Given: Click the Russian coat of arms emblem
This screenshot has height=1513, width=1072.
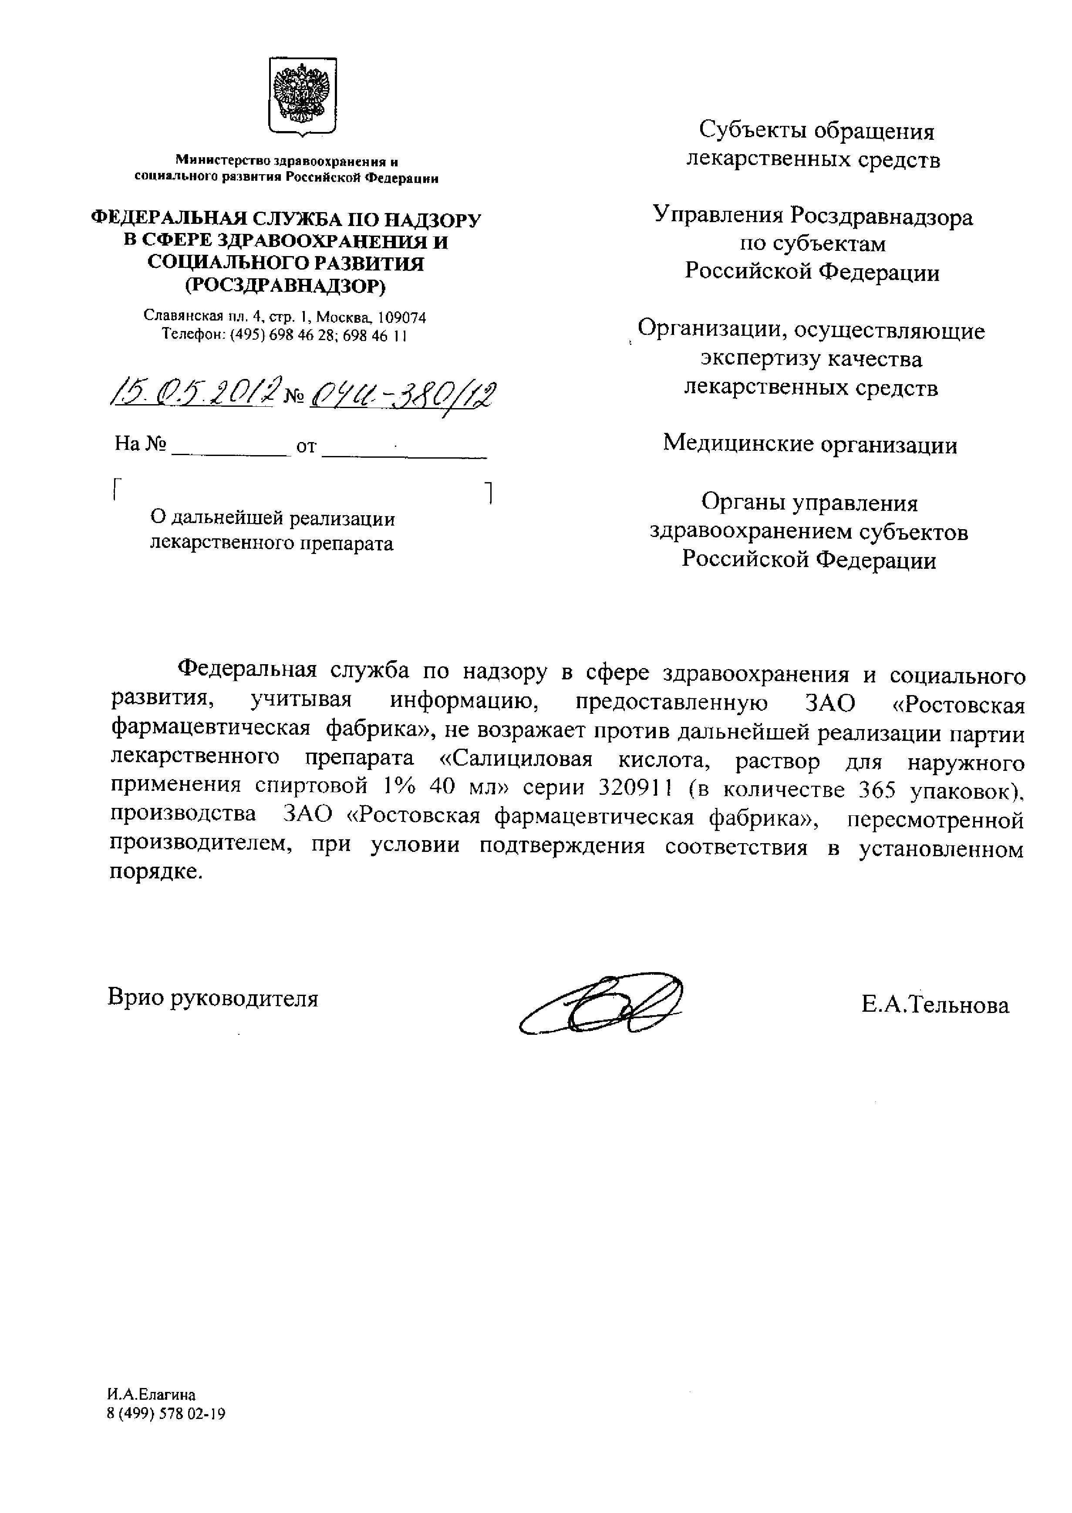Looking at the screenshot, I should click(x=302, y=96).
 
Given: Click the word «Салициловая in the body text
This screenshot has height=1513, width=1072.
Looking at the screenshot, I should click(x=515, y=761).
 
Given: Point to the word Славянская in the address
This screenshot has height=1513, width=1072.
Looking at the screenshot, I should click(x=182, y=317).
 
